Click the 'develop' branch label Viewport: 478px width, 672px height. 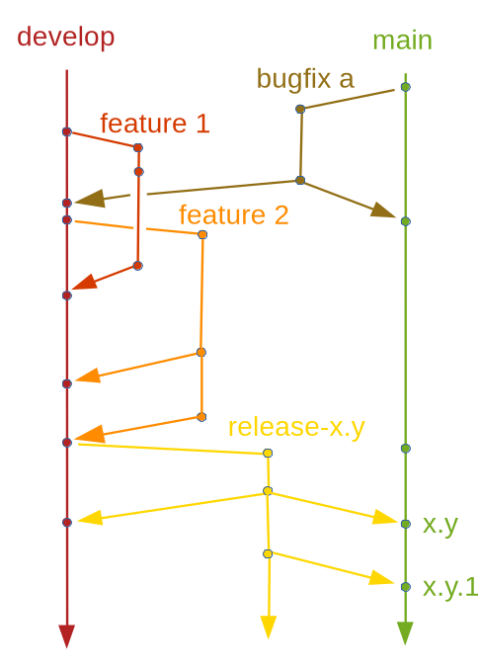click(x=65, y=38)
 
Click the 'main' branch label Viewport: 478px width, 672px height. click(x=402, y=41)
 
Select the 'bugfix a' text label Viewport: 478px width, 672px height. click(x=304, y=78)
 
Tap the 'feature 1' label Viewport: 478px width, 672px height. click(x=154, y=124)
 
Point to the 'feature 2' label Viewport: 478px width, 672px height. click(x=233, y=214)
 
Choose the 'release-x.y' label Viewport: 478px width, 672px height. click(x=296, y=427)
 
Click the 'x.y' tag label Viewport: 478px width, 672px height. click(x=439, y=525)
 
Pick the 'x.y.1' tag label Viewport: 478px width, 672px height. click(x=449, y=587)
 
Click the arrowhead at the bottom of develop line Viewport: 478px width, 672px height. click(x=66, y=635)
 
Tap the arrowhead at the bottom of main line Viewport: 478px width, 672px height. click(x=405, y=632)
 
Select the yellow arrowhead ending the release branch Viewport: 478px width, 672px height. click(x=268, y=628)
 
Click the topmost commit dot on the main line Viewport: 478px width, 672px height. click(x=405, y=88)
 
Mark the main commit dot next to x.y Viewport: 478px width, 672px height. click(x=405, y=523)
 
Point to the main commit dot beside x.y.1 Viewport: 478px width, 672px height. click(x=405, y=586)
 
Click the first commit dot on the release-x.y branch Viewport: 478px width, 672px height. click(x=268, y=453)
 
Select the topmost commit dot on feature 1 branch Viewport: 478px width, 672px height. click(x=137, y=147)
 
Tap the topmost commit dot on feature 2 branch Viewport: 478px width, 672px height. click(x=202, y=234)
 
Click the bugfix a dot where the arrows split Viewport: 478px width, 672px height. click(x=300, y=180)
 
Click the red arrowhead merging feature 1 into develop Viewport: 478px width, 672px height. click(x=85, y=284)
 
